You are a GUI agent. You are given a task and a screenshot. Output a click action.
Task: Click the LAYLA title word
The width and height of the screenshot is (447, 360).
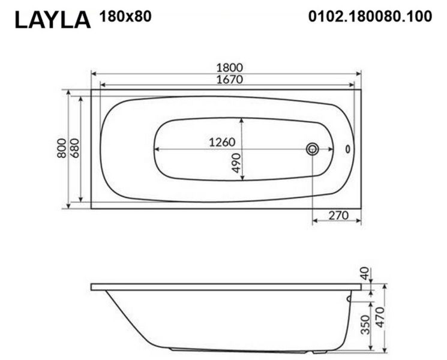[53, 20]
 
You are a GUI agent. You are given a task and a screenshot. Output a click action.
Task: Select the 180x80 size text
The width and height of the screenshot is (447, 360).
[125, 16]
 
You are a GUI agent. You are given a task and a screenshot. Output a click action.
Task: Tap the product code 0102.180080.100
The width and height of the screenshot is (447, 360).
[370, 16]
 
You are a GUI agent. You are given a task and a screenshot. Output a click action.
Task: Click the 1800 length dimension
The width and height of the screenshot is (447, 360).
[229, 68]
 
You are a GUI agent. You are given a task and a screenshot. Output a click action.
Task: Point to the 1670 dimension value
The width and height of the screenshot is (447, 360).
[229, 80]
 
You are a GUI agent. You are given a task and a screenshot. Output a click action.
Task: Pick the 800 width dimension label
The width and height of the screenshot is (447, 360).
[62, 148]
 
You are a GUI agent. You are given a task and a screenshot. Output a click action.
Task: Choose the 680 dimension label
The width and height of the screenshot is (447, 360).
[74, 148]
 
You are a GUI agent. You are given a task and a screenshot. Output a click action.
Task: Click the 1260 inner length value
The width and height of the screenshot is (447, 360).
[222, 142]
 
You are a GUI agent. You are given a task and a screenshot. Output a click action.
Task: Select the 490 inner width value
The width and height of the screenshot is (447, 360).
[236, 163]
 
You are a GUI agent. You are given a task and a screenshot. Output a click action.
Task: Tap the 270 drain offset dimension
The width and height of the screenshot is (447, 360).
[338, 215]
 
